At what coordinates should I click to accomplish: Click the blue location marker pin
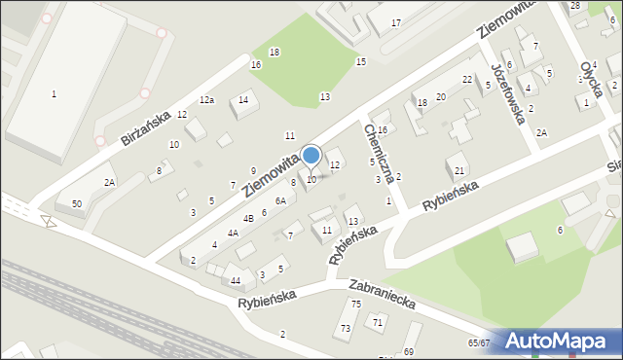pyautogui.click(x=311, y=156)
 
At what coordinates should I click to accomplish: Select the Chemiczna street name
pyautogui.click(x=377, y=152)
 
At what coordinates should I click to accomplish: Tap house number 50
pyautogui.click(x=76, y=202)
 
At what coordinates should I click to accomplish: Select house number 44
pyautogui.click(x=236, y=280)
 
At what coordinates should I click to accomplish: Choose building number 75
pyautogui.click(x=356, y=305)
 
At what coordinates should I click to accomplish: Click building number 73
pyautogui.click(x=346, y=329)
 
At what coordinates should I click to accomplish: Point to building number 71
pyautogui.click(x=377, y=321)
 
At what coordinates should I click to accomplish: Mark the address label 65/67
pyautogui.click(x=478, y=343)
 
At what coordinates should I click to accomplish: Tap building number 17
pyautogui.click(x=396, y=21)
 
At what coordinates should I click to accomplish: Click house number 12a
pyautogui.click(x=206, y=100)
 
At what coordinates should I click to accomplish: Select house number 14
pyautogui.click(x=243, y=99)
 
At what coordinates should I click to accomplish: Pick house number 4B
pyautogui.click(x=248, y=218)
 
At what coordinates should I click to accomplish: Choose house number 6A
pyautogui.click(x=280, y=200)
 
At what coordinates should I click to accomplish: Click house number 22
pyautogui.click(x=467, y=79)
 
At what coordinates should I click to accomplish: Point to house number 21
pyautogui.click(x=459, y=171)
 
